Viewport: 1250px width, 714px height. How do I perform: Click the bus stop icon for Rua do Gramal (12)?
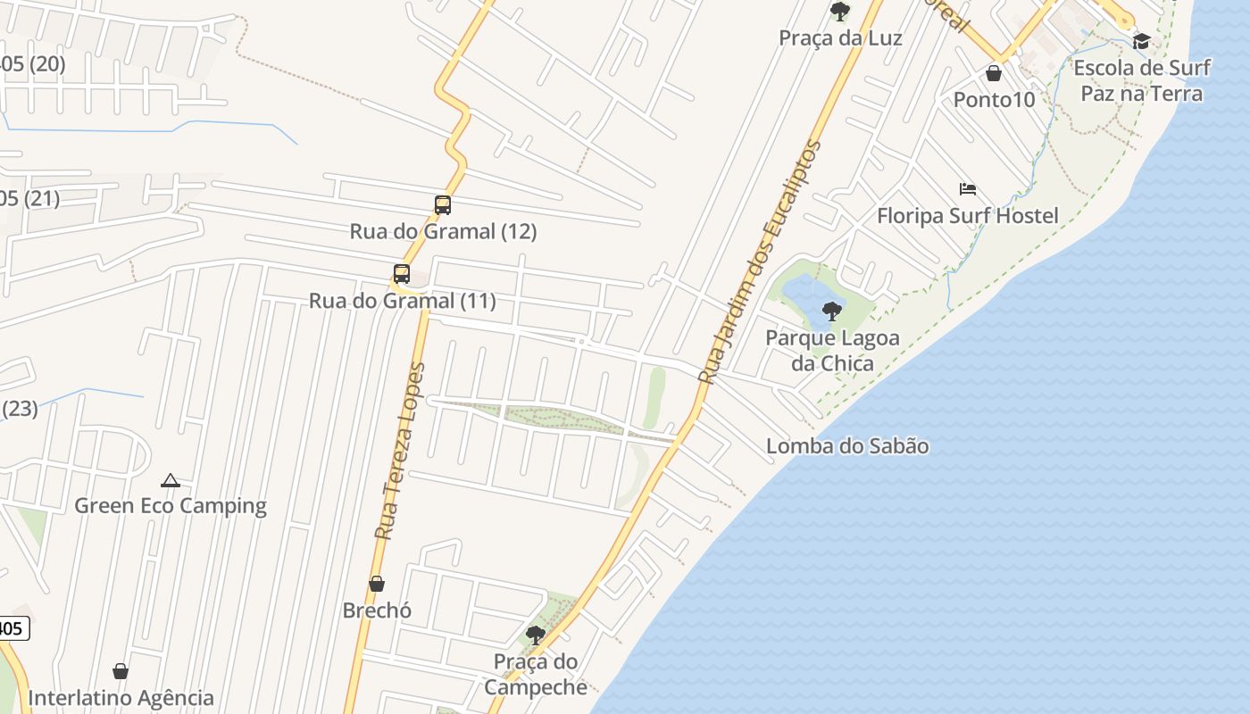click(x=443, y=205)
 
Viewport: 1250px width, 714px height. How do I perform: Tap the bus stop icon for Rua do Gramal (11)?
click(x=402, y=274)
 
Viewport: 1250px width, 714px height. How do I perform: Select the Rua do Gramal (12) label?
click(x=443, y=231)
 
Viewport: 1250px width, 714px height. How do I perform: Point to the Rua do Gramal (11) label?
click(x=402, y=301)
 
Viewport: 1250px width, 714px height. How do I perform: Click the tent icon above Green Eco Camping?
click(x=171, y=480)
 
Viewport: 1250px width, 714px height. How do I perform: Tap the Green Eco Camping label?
click(x=171, y=505)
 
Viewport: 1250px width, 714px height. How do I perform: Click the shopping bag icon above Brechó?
click(x=377, y=584)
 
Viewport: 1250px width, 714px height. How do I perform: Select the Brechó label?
click(x=377, y=610)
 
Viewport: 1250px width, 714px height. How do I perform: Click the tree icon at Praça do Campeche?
click(x=536, y=635)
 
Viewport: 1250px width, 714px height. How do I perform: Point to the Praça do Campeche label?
click(x=536, y=674)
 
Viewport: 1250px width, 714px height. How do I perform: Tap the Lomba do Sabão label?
click(x=847, y=446)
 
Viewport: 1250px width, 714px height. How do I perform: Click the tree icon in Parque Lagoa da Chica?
click(x=832, y=311)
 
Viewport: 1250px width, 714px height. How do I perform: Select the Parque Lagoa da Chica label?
click(x=832, y=351)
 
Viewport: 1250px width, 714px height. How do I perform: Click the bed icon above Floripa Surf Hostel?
click(x=968, y=189)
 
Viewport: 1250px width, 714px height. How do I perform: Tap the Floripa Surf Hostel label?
click(x=968, y=216)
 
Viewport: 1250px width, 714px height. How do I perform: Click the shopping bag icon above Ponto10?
click(x=994, y=73)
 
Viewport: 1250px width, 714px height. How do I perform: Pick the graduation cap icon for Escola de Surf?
click(x=1141, y=41)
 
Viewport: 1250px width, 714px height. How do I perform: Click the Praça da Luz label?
click(x=840, y=38)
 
